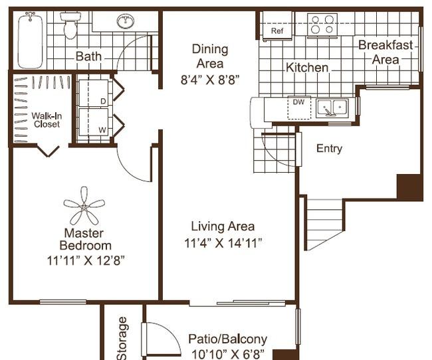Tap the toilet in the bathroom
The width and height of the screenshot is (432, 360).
click(70, 25)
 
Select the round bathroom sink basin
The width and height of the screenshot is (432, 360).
click(126, 21)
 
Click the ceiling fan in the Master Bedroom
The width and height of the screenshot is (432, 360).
click(84, 205)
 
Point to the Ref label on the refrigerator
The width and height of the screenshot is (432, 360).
click(277, 31)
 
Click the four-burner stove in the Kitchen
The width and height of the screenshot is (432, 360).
click(322, 25)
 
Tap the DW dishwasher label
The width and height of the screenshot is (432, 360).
click(298, 102)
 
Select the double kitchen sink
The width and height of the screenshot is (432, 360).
click(332, 108)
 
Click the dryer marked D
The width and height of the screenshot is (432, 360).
click(94, 93)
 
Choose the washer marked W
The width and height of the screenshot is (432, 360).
click(94, 122)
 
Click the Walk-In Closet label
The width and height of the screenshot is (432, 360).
click(47, 120)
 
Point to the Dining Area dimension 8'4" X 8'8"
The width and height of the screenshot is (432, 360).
click(210, 80)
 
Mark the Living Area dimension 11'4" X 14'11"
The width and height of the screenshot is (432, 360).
click(223, 243)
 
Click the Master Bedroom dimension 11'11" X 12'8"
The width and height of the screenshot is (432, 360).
click(86, 260)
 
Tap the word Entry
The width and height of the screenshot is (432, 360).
click(329, 149)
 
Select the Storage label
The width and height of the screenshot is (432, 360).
click(122, 339)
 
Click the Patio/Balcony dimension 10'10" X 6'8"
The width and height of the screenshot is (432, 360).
click(227, 354)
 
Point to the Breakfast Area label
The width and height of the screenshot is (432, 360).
click(385, 52)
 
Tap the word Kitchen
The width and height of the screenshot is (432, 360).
click(307, 68)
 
